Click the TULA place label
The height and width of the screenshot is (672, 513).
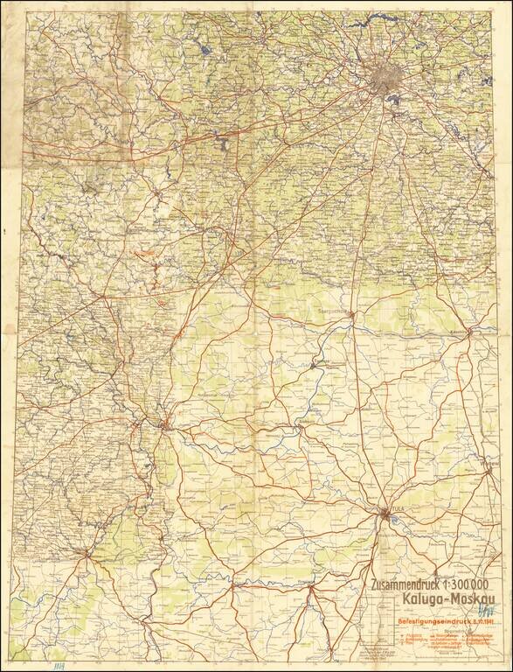[400, 509]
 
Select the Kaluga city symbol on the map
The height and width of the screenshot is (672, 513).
[165, 424]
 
